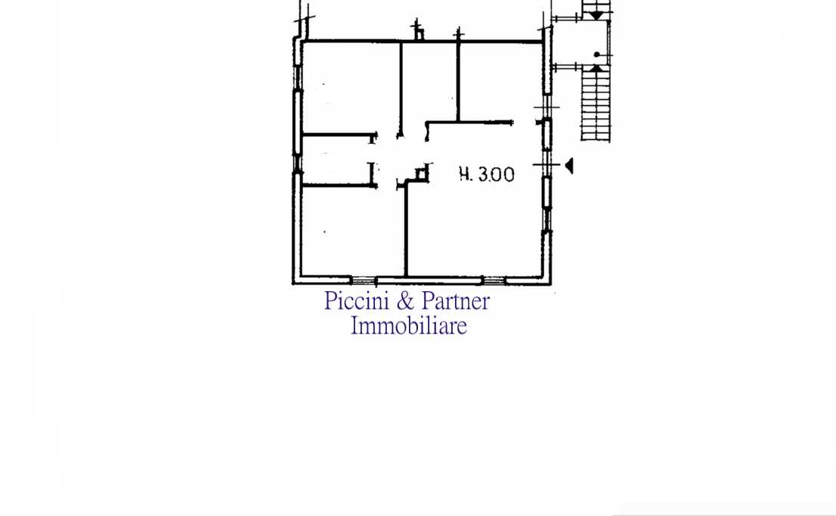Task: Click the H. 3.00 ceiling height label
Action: pyautogui.click(x=487, y=174)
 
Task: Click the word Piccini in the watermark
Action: pyautogui.click(x=356, y=301)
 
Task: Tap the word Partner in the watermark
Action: pyautogui.click(x=456, y=301)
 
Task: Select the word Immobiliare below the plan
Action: pyautogui.click(x=408, y=325)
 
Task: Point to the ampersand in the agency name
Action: pyautogui.click(x=405, y=301)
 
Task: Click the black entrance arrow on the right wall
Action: pyautogui.click(x=569, y=166)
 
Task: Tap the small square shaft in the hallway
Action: pyautogui.click(x=422, y=174)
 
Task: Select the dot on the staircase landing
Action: pyautogui.click(x=596, y=54)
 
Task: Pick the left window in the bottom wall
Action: pyautogui.click(x=363, y=280)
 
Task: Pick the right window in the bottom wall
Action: pyautogui.click(x=494, y=280)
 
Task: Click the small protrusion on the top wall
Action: pyautogui.click(x=419, y=34)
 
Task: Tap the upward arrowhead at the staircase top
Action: pyautogui.click(x=596, y=68)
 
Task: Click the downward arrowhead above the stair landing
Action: pyautogui.click(x=596, y=16)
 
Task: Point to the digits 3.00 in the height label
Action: pyautogui.click(x=496, y=175)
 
